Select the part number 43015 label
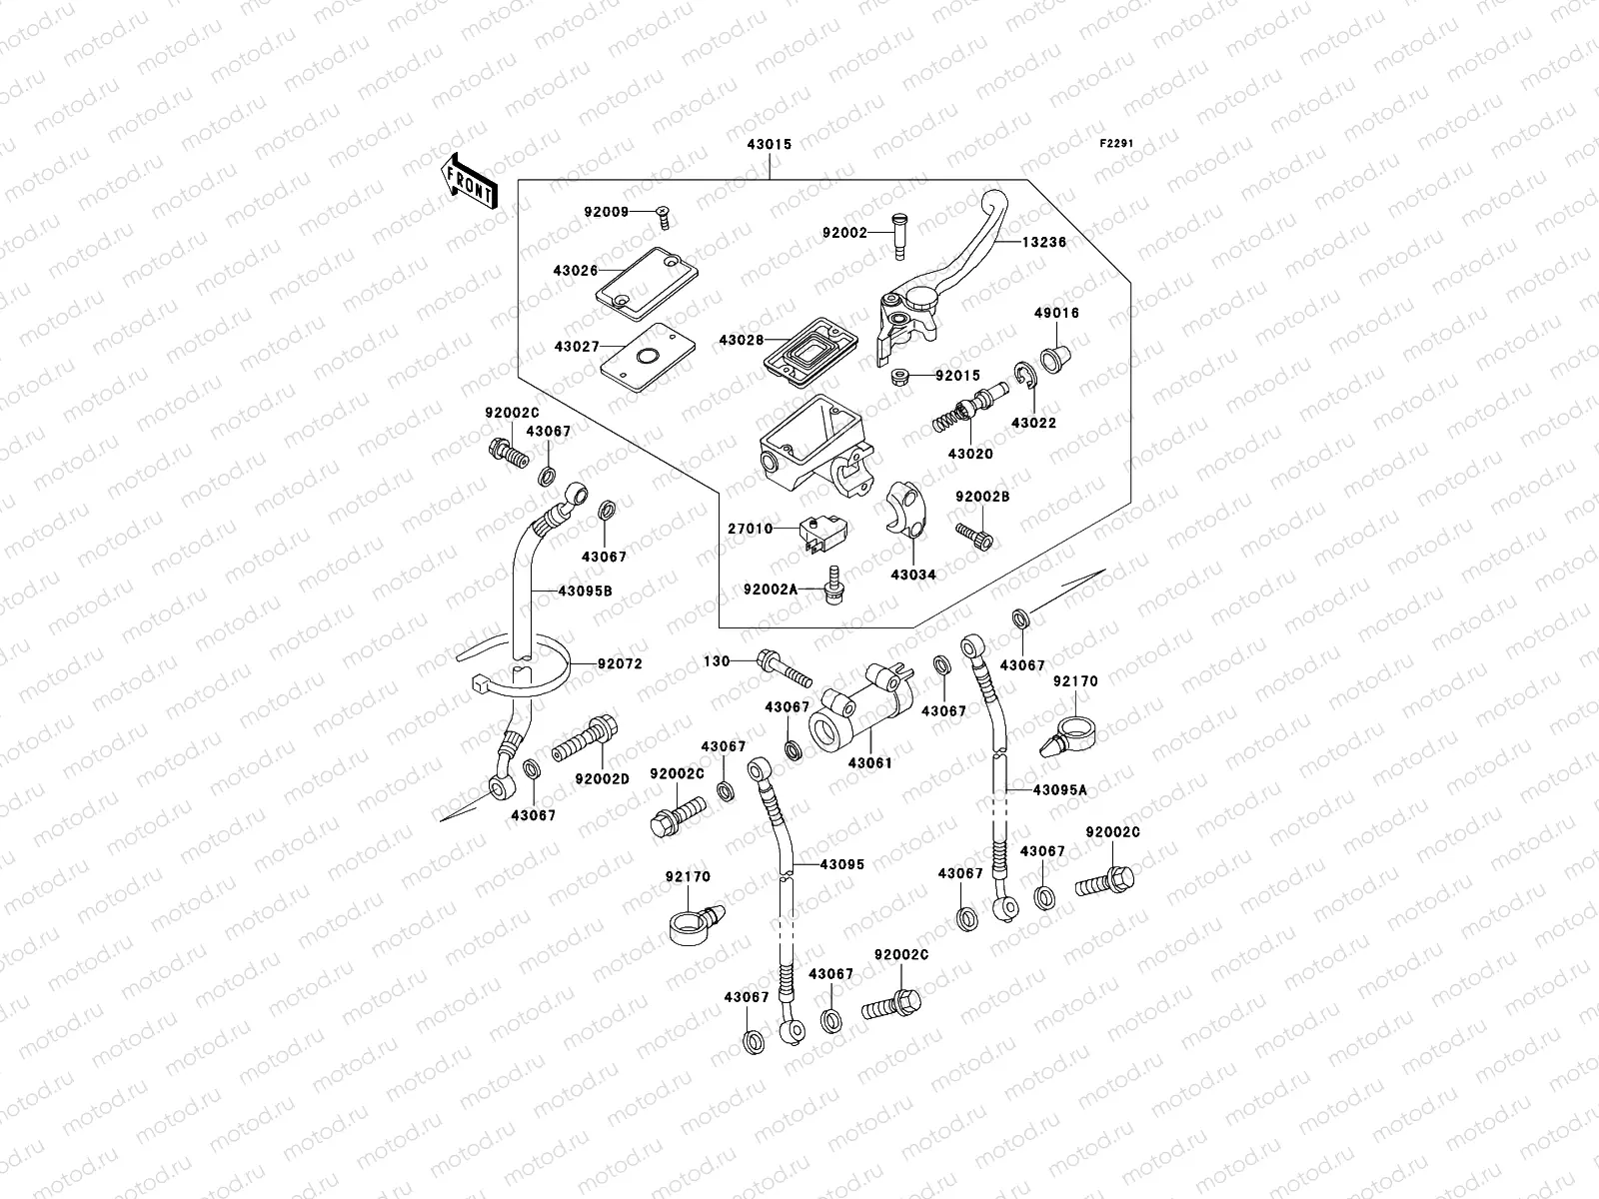[x=769, y=145]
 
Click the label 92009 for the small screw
[x=607, y=211]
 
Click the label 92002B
[x=982, y=497]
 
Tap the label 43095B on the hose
[x=585, y=591]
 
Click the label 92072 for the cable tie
[x=620, y=663]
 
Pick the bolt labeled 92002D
[x=588, y=740]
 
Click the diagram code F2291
[x=1117, y=144]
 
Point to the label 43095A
[x=1059, y=789]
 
